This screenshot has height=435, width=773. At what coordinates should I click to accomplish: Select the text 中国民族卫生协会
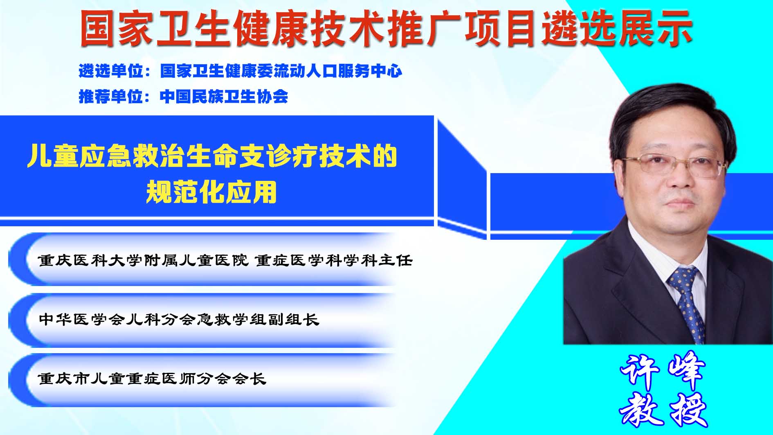pos(224,97)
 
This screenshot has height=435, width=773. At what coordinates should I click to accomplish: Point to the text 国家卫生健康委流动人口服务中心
pos(281,71)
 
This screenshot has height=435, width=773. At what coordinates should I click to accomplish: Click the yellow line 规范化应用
pos(211,192)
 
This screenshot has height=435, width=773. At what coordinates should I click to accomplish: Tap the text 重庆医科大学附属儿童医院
pos(143,260)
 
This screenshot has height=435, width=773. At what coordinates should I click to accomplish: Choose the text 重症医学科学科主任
pos(334,260)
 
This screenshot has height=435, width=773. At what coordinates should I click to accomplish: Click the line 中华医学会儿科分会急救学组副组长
pos(179,319)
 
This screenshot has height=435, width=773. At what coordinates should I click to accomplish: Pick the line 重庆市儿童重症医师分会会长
pos(152,379)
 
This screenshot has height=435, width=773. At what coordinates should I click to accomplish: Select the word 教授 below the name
pos(663,409)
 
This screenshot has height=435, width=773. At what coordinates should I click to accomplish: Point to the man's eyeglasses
pos(674,165)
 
